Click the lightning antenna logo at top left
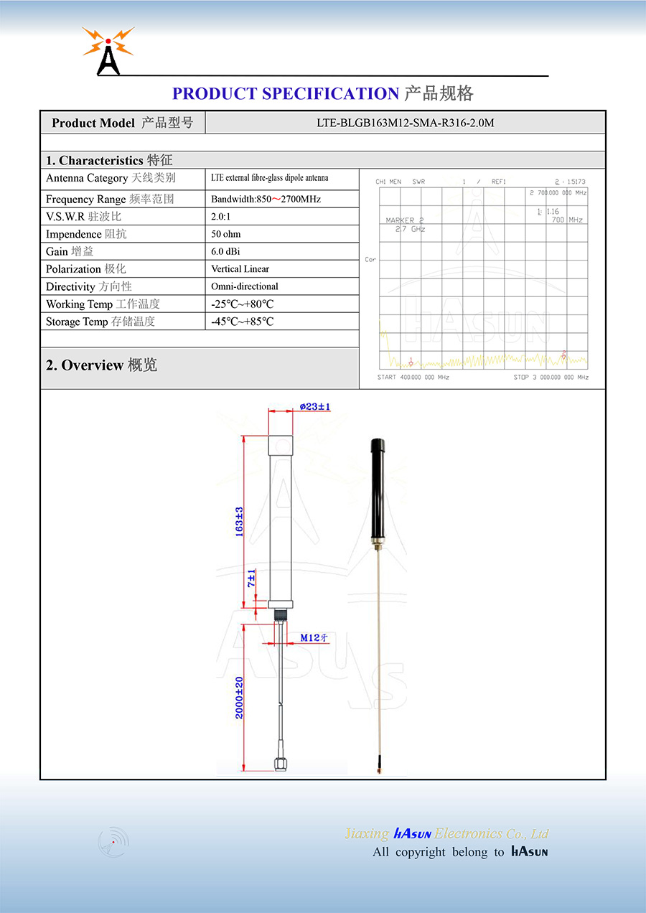coord(108,51)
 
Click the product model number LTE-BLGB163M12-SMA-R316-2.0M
coord(406,123)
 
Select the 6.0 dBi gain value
coord(226,252)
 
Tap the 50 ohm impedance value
coord(226,234)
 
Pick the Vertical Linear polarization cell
coord(240,269)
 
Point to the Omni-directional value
coord(245,286)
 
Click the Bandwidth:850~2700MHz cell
coord(266,200)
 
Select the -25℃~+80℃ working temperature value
coord(243,304)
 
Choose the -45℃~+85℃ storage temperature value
coord(243,322)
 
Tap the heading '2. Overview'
coord(101,365)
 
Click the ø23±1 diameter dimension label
coord(315,407)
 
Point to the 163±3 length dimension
coord(240,522)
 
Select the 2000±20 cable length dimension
coord(240,697)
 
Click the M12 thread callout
coord(314,637)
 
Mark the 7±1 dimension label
coord(251,579)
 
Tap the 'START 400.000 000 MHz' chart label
coord(413,378)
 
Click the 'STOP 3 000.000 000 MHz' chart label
coord(551,378)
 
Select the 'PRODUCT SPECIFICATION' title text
coord(286,94)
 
